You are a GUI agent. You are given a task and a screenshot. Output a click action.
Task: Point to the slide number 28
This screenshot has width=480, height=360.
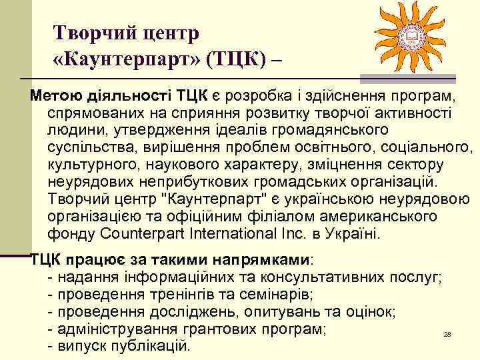pos(447,334)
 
